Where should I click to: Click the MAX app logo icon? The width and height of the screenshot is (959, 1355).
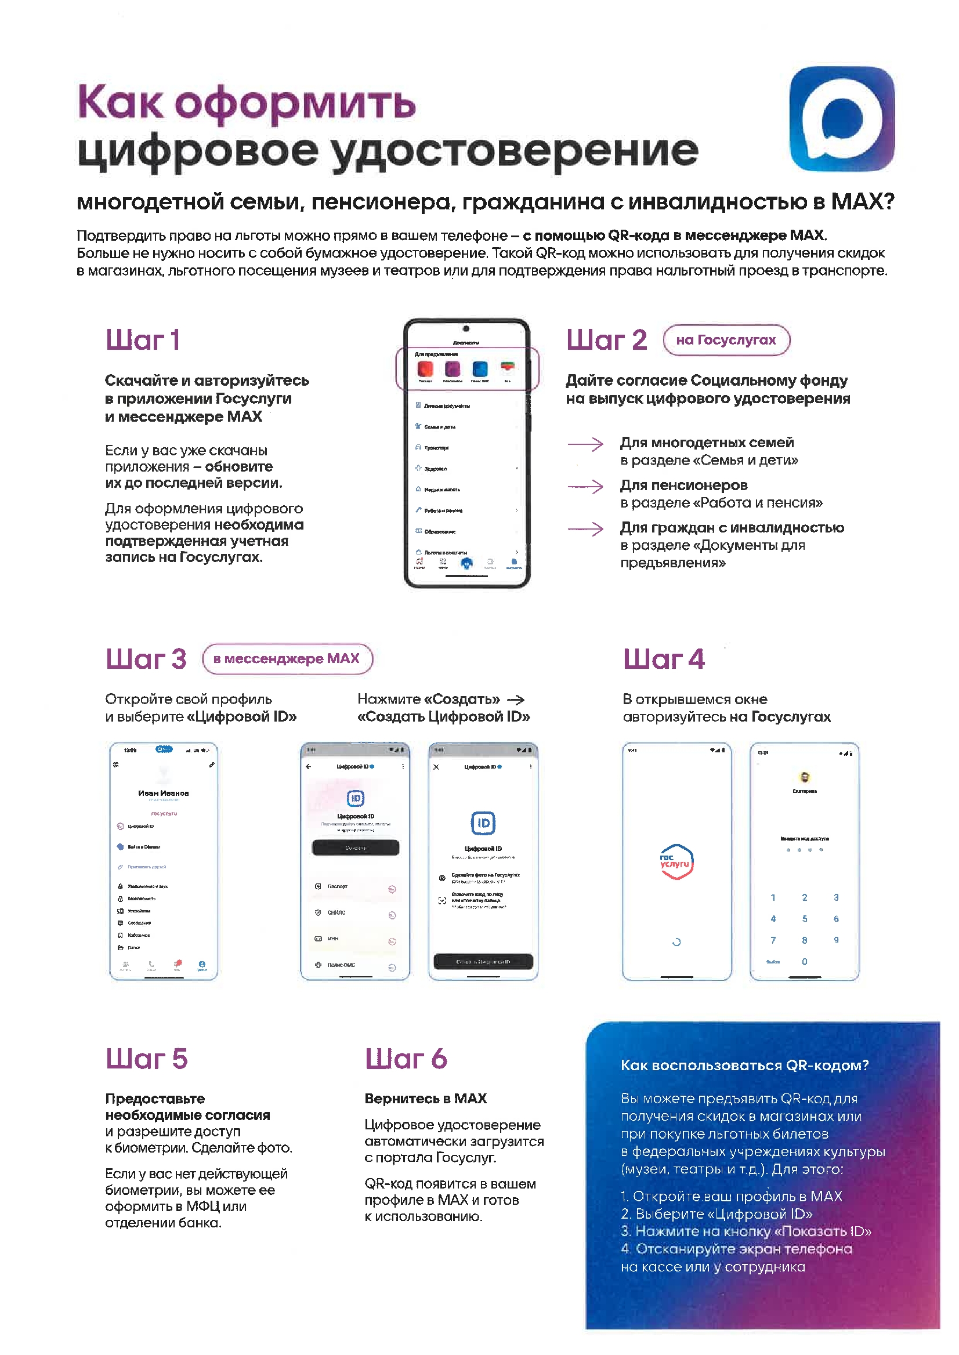841,119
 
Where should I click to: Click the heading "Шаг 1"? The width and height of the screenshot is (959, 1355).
142,340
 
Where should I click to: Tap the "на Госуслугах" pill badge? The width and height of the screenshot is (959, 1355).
726,340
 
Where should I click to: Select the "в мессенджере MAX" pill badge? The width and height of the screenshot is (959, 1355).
287,659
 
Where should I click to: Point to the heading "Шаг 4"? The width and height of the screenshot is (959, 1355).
664,660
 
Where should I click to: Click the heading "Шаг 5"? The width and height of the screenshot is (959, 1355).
146,1059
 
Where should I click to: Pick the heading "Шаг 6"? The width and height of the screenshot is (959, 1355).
406,1059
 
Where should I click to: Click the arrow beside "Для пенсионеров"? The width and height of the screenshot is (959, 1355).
585,487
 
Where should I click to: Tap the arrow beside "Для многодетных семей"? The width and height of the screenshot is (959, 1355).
585,444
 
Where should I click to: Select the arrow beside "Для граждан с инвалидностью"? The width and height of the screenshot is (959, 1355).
585,529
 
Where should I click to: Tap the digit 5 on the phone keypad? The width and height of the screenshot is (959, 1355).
804,919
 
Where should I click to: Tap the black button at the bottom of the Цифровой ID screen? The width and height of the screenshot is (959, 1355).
483,962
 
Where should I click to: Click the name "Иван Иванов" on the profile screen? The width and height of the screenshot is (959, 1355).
164,794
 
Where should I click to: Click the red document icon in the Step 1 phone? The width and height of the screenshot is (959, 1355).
425,369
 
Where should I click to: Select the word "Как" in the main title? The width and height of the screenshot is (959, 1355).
120,103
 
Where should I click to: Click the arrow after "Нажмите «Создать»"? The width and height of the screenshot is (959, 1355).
516,700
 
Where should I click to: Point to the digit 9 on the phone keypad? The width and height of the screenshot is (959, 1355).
836,940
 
